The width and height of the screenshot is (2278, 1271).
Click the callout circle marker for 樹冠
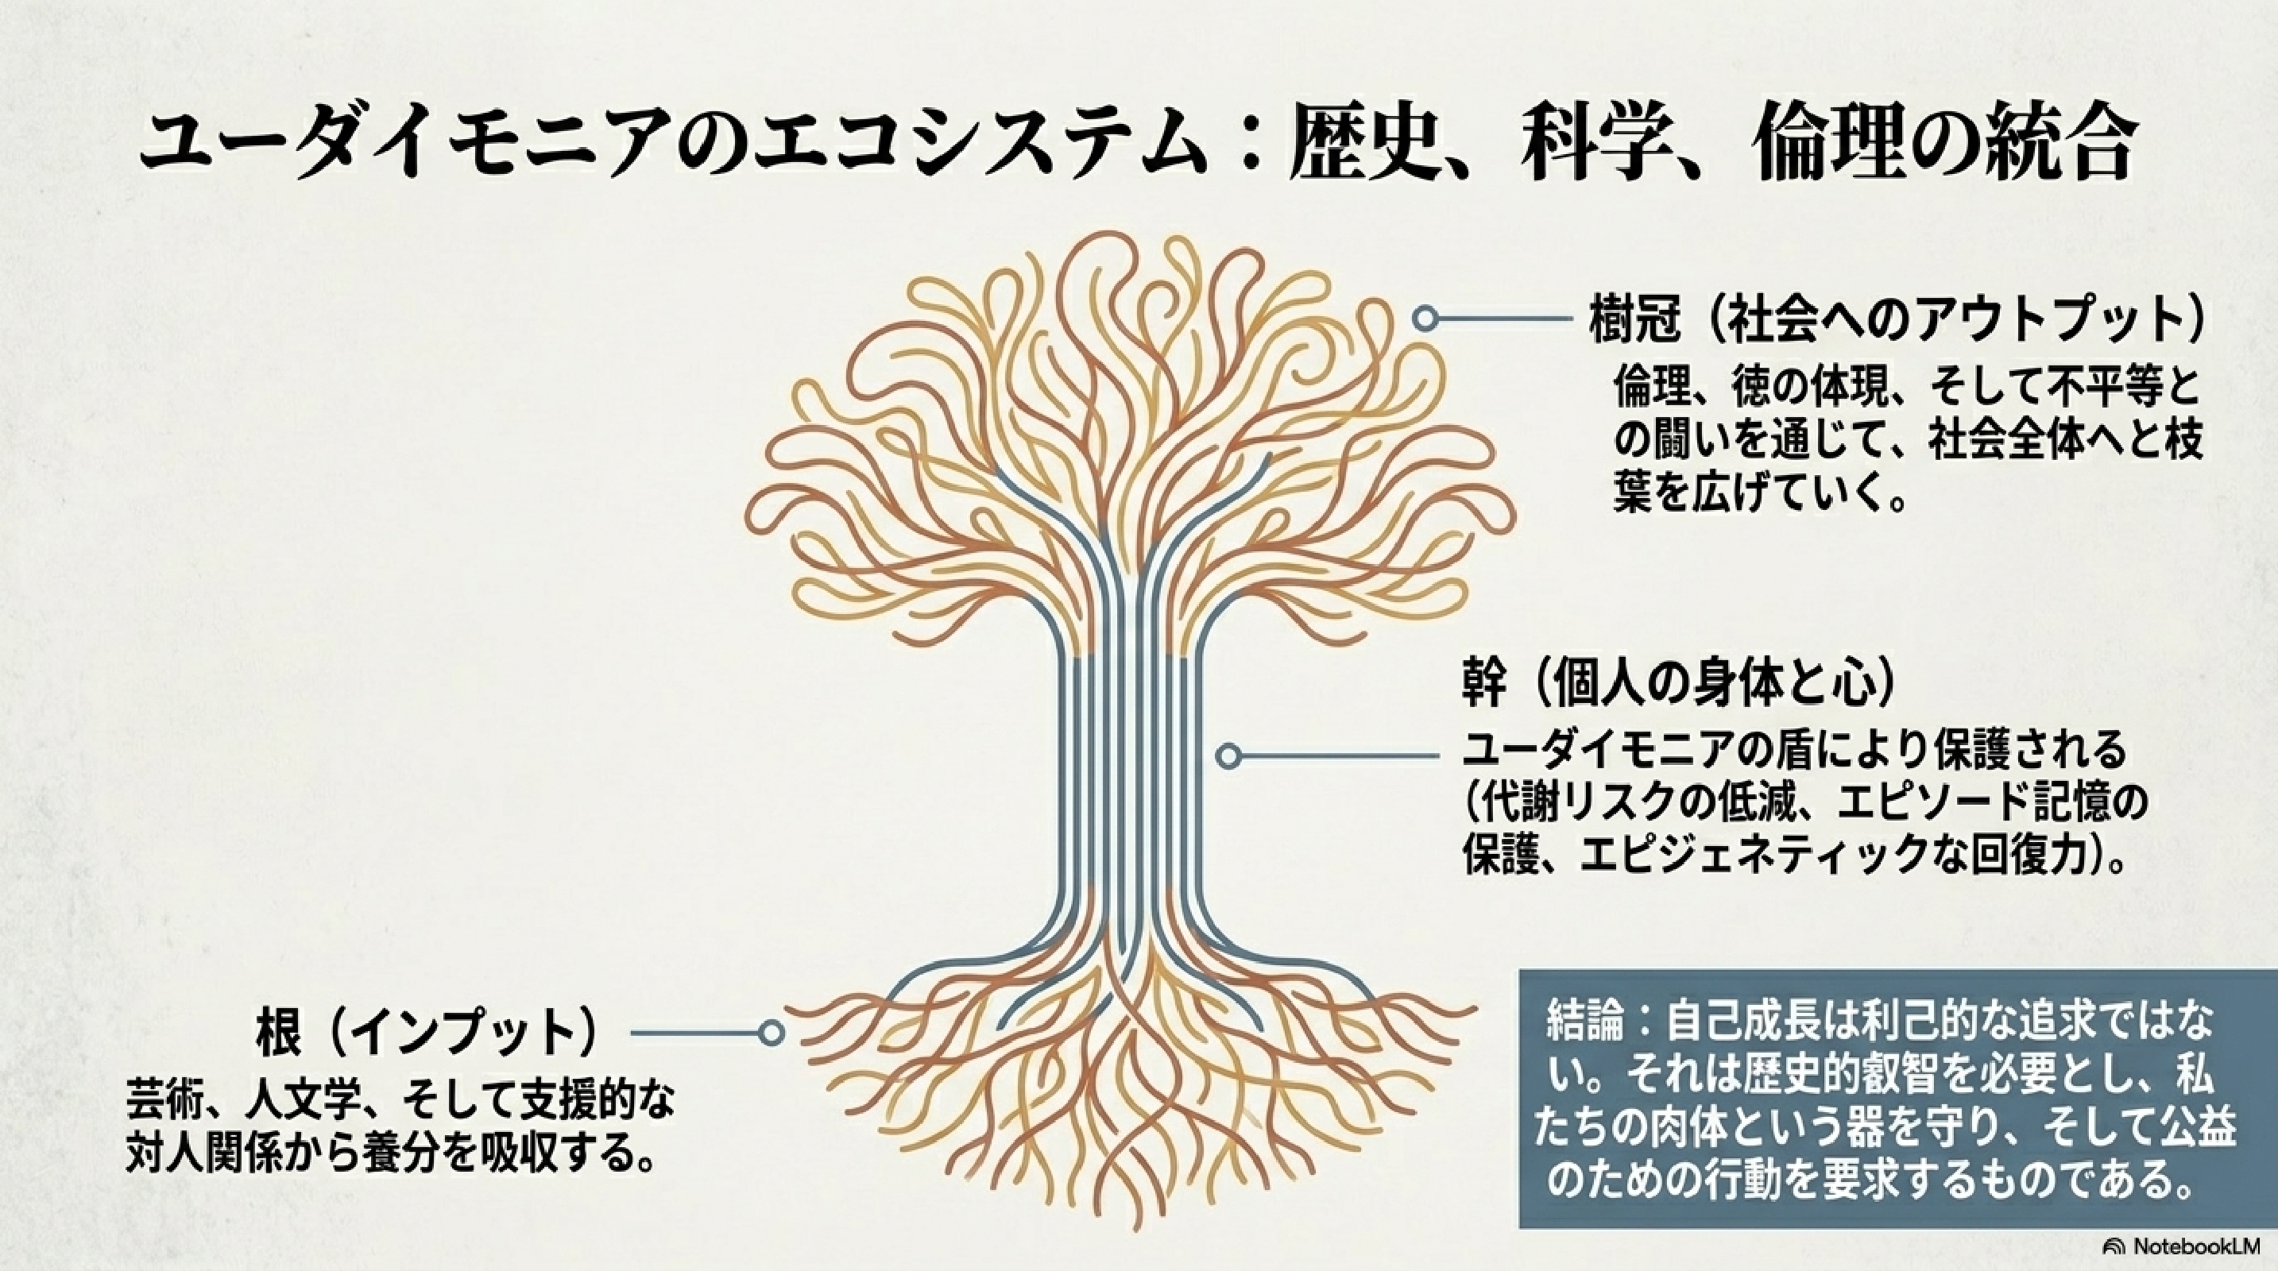click(1422, 319)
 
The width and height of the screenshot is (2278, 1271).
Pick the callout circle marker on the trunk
click(1228, 756)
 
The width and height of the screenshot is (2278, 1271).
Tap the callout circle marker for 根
click(772, 1033)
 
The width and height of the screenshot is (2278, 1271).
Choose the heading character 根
click(280, 1030)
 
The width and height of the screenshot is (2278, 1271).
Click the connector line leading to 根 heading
click(695, 1033)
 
